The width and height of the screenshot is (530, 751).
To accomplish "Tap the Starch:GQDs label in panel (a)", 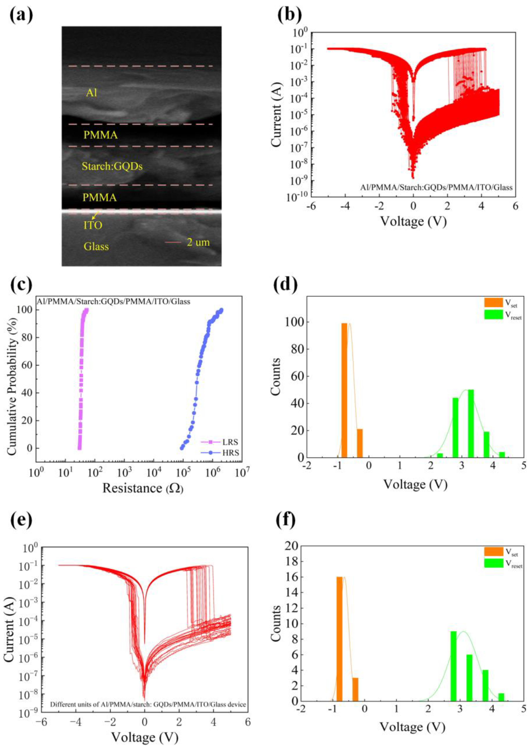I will (112, 166).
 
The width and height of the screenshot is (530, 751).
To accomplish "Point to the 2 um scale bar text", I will (198, 242).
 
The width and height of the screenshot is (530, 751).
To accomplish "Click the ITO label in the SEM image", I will (93, 225).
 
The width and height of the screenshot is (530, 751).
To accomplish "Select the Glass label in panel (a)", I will (96, 246).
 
